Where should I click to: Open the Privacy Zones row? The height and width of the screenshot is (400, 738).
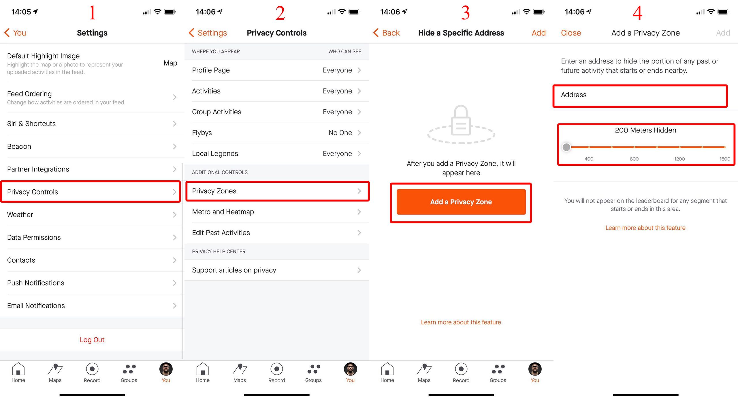coord(277,191)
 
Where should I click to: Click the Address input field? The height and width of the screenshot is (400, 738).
coord(640,95)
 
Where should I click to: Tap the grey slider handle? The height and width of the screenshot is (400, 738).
coord(566,147)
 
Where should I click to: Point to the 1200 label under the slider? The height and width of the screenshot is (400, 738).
coord(679,159)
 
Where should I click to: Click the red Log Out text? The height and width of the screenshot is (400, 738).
coord(92,340)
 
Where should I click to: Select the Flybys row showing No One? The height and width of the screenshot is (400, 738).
coord(277,133)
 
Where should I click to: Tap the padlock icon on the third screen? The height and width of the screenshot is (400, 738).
coord(461,120)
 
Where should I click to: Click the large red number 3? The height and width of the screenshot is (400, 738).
coord(465,13)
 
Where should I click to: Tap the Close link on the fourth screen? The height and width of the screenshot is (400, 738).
coord(571,33)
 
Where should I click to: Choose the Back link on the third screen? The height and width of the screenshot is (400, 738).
coord(386,33)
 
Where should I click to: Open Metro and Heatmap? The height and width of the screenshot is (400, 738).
coord(277,212)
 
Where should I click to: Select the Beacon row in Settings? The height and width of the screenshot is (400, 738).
coord(92,146)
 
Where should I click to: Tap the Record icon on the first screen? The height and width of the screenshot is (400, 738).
coord(92,369)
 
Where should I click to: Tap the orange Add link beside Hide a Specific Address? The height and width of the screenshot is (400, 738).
coord(539,33)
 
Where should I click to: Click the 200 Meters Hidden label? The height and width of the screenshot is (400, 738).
coord(645,130)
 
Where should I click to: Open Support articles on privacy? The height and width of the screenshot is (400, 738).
coord(277,270)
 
